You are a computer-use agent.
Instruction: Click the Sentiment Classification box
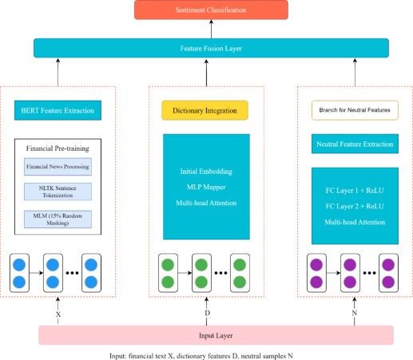point(211,10)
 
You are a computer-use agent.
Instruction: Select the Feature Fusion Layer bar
point(211,48)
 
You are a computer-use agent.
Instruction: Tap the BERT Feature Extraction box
point(58,110)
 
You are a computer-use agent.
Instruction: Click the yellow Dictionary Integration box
point(205,110)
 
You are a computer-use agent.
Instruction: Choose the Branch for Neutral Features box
point(355,110)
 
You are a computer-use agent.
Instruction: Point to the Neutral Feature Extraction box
point(355,144)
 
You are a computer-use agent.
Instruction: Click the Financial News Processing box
point(58,167)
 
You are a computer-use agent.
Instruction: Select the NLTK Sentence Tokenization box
point(58,192)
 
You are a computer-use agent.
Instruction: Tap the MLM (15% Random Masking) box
point(58,220)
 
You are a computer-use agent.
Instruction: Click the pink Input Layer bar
point(216,335)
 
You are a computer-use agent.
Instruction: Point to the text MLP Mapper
point(206,187)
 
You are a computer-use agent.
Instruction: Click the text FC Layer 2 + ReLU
point(355,206)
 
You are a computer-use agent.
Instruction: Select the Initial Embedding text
point(206,172)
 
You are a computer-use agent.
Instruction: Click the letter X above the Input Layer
point(58,315)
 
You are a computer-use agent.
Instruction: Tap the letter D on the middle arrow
point(207,313)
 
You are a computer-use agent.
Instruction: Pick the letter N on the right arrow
point(355,313)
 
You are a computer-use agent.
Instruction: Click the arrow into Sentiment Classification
point(212,29)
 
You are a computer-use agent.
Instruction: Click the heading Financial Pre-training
point(58,148)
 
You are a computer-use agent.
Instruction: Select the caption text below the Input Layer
point(201,356)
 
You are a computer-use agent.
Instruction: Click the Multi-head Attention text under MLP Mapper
point(206,203)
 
